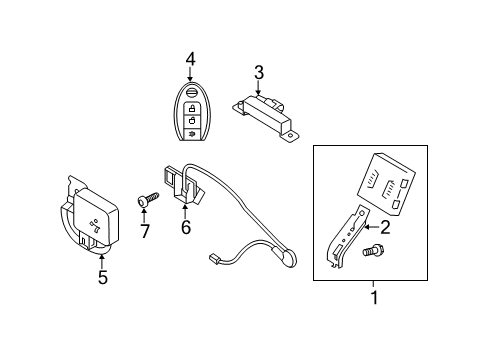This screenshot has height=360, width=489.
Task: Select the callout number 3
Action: click(x=258, y=71)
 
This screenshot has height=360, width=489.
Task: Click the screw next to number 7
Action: click(x=145, y=201)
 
